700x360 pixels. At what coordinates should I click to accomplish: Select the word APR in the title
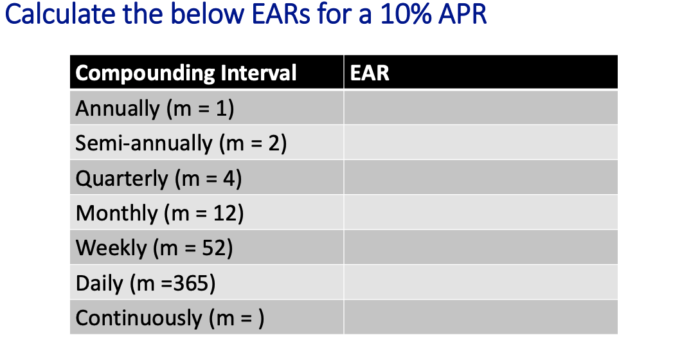(x=460, y=15)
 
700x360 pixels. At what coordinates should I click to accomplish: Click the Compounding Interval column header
(x=186, y=73)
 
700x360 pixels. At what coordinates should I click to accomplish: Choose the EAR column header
(x=370, y=73)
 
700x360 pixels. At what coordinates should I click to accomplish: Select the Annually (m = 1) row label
(x=155, y=108)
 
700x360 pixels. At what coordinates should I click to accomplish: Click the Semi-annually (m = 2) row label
(x=181, y=143)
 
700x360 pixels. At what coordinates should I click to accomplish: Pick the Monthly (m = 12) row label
(x=159, y=213)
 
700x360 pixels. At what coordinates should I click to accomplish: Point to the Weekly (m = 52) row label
(x=154, y=248)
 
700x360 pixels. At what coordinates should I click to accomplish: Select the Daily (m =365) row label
(x=145, y=283)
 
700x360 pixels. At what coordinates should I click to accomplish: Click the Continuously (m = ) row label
(x=170, y=318)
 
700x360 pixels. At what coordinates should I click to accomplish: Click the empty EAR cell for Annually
(x=480, y=108)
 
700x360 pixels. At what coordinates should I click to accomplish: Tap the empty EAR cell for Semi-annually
(x=480, y=143)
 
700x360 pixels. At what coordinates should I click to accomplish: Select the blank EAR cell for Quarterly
(x=480, y=178)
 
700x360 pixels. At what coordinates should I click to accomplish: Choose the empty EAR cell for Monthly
(x=480, y=213)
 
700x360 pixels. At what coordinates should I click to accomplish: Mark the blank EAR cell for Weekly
(x=480, y=248)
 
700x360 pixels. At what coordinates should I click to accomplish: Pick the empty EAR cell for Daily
(x=480, y=283)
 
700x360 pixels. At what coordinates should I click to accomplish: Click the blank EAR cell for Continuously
(x=480, y=318)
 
